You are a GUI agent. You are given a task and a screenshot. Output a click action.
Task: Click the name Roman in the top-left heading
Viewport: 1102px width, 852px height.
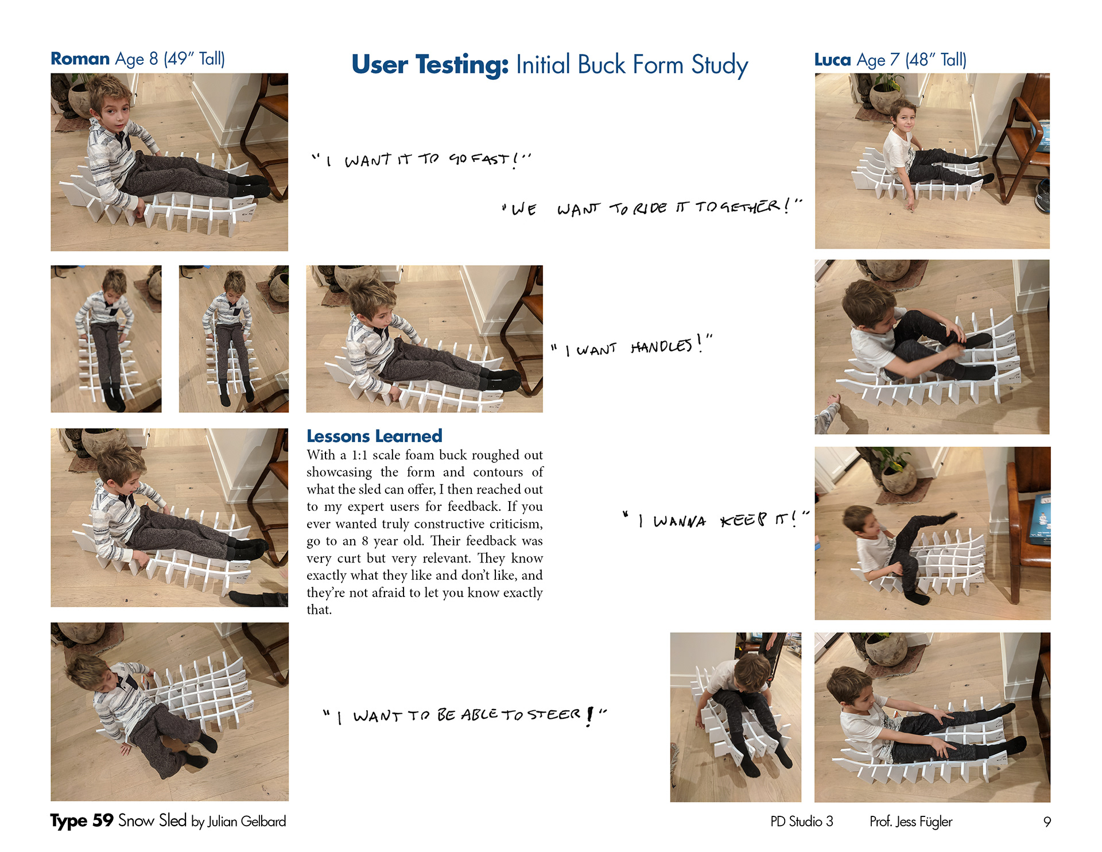80,59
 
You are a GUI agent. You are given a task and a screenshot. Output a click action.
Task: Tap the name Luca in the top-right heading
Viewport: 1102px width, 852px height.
832,60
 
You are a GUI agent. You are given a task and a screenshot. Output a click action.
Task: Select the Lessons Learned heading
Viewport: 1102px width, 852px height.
374,436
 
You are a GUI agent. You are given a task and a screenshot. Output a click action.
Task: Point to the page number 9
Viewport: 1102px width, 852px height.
1047,822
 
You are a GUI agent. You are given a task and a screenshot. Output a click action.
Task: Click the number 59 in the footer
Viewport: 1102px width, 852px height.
103,820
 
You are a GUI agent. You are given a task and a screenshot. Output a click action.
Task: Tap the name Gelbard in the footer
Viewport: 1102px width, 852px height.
263,822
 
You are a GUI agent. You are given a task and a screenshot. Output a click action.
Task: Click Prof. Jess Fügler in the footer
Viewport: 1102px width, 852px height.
911,822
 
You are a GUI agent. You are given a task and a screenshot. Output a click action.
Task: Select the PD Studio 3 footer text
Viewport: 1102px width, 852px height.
802,822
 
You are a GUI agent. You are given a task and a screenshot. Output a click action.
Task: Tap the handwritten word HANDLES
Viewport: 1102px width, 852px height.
661,346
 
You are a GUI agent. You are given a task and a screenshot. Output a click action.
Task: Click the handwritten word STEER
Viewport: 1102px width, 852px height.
554,714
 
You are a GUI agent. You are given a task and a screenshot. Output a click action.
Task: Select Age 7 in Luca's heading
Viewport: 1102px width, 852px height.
878,60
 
